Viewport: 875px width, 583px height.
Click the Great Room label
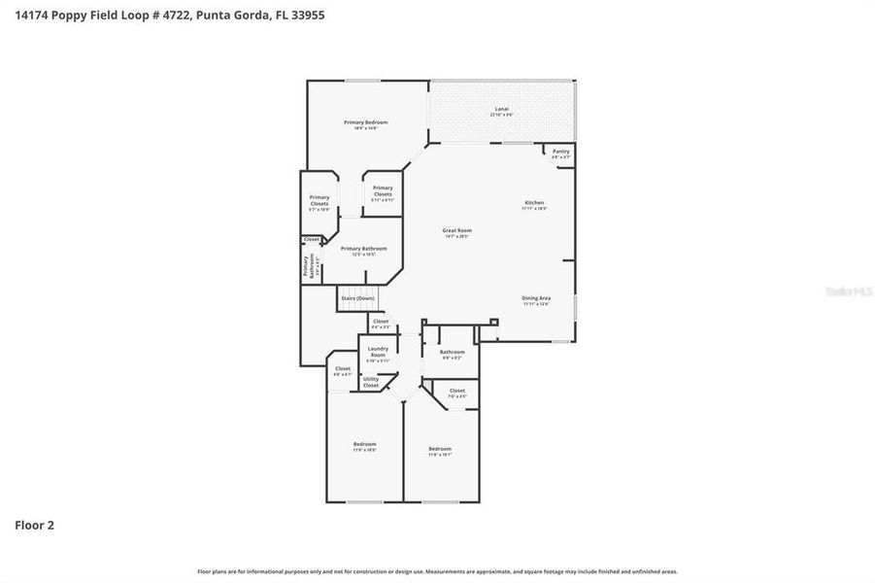coord(457,232)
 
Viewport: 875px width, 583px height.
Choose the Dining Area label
coord(537,300)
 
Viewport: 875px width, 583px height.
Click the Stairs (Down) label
coord(357,298)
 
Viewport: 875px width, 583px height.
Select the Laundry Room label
coord(378,354)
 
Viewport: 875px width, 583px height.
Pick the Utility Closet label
coord(371,383)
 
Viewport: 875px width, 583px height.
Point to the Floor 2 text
coord(34,526)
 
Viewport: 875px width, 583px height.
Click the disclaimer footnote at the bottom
coord(437,571)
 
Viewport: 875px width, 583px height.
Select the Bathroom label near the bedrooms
coord(452,355)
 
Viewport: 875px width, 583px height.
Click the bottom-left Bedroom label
coord(364,447)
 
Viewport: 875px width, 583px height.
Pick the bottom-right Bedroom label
coord(440,451)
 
